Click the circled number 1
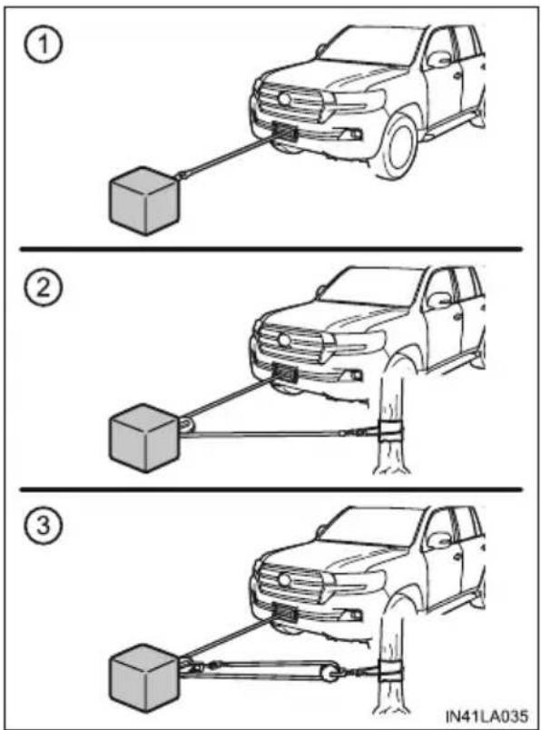[43, 45]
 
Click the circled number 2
[43, 289]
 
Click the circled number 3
[43, 527]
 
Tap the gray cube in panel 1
[144, 201]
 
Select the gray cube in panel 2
[144, 439]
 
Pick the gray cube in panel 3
[144, 678]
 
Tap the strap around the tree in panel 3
[391, 670]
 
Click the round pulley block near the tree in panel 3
[330, 674]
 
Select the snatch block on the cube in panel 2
[187, 427]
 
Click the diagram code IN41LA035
[487, 715]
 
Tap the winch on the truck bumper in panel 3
[285, 612]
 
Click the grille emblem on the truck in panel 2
[283, 340]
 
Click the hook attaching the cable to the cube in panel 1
[182, 175]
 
